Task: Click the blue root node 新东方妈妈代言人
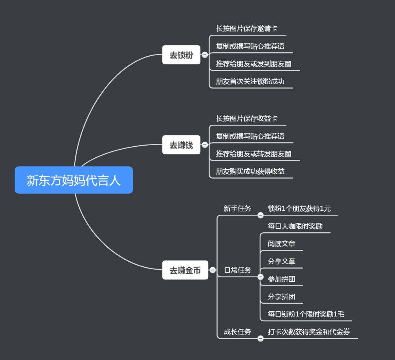pyautogui.click(x=74, y=180)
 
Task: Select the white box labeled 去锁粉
pyautogui.click(x=181, y=55)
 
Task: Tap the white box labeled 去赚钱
pyautogui.click(x=181, y=145)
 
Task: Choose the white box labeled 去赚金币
pyautogui.click(x=185, y=270)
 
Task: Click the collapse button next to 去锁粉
pyautogui.click(x=205, y=55)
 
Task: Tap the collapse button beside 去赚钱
pyautogui.click(x=205, y=145)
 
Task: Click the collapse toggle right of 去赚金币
pyautogui.click(x=212, y=270)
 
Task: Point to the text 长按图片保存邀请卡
pyautogui.click(x=247, y=29)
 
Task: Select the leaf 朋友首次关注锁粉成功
pyautogui.click(x=250, y=81)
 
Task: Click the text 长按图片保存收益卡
pyautogui.click(x=247, y=119)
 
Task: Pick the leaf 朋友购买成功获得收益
pyautogui.click(x=250, y=171)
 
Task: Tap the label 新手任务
pyautogui.click(x=237, y=209)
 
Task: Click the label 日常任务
pyautogui.click(x=237, y=270)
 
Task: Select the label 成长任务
pyautogui.click(x=237, y=332)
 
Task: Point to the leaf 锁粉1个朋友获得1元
pyautogui.click(x=299, y=209)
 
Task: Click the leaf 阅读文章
pyautogui.click(x=281, y=244)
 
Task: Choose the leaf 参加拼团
pyautogui.click(x=281, y=279)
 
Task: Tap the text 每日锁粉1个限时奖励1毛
pyautogui.click(x=306, y=314)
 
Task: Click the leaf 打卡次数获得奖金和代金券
pyautogui.click(x=309, y=332)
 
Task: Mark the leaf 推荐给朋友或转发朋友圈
pyautogui.click(x=253, y=154)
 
